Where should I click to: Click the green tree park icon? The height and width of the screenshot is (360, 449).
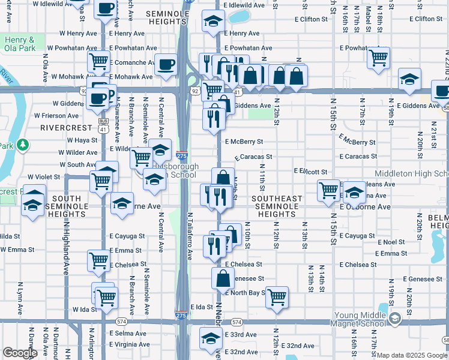23,145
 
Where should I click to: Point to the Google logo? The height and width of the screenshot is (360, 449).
20,352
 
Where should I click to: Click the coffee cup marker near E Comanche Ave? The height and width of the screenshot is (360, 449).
165,64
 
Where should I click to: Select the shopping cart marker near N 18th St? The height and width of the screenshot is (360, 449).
378,58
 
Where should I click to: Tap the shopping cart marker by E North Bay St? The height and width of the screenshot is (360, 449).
277,297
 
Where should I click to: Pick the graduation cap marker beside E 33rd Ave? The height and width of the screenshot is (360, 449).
210,340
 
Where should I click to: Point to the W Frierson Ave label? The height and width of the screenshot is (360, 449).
58,115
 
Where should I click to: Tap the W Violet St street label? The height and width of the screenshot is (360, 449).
44,177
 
